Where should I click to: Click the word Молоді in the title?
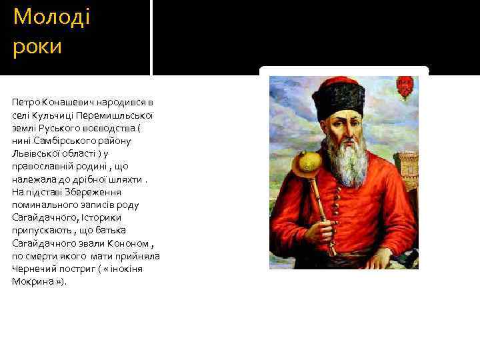click(51, 17)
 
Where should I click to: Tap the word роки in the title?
click(37, 47)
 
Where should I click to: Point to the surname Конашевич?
click(69, 103)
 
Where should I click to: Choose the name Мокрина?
click(31, 281)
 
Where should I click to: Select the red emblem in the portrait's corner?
click(403, 85)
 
